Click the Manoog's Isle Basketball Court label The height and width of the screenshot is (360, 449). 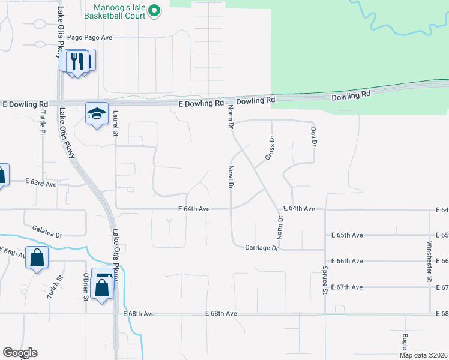coord(119,11)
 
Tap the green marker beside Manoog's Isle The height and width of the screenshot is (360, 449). coord(154,10)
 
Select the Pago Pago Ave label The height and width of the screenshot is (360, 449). coord(90,37)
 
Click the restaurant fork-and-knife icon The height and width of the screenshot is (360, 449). coord(77,62)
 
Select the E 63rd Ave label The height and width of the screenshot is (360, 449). coord(41,182)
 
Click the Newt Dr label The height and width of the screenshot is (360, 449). coord(231,177)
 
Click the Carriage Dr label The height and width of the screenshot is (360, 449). coord(262,247)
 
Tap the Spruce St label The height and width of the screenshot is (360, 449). coord(324,281)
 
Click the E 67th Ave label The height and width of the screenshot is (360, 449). coord(346,287)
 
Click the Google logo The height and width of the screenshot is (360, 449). coord(20,353)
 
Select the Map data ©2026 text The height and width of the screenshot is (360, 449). coord(423,355)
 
